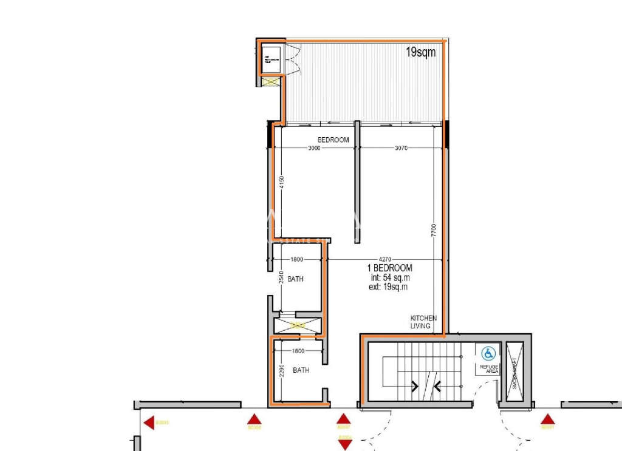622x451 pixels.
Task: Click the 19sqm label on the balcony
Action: (x=421, y=52)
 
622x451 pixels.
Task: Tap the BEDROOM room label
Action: (x=333, y=140)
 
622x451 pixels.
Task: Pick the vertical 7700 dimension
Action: (x=434, y=231)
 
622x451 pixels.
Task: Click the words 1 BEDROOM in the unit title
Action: (x=389, y=268)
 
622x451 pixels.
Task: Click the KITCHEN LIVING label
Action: (x=420, y=322)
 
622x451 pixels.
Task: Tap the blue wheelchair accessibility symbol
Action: (x=488, y=353)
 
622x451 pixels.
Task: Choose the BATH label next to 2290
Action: (x=301, y=370)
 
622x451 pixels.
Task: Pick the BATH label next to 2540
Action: (x=295, y=279)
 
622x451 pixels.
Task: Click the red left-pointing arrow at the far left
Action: (x=148, y=423)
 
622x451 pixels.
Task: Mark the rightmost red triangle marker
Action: (x=548, y=419)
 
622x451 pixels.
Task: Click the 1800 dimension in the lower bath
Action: (x=298, y=351)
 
